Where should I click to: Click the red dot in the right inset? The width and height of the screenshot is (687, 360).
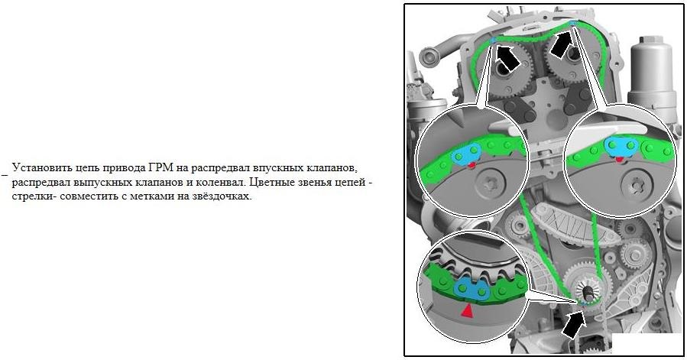tap(619, 159)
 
